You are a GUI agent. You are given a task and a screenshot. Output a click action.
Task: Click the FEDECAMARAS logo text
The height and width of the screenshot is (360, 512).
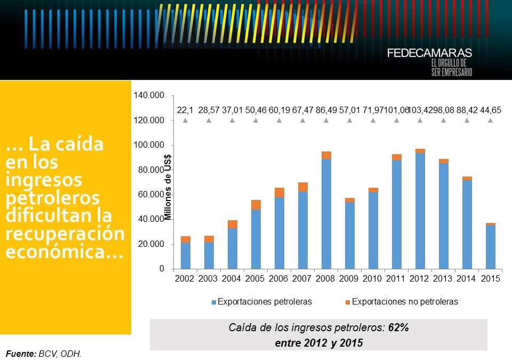click(x=429, y=53)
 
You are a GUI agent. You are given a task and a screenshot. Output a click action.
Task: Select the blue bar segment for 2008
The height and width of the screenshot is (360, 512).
click(x=326, y=213)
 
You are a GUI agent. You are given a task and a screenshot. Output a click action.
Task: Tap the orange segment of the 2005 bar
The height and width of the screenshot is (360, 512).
click(x=255, y=205)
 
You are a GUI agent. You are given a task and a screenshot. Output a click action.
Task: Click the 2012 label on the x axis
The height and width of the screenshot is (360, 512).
click(x=420, y=279)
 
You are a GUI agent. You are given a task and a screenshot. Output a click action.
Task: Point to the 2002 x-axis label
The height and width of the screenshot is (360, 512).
click(x=185, y=279)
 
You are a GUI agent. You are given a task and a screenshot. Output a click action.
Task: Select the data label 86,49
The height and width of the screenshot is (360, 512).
click(x=326, y=110)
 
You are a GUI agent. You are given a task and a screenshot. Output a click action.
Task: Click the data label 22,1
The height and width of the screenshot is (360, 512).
click(x=185, y=110)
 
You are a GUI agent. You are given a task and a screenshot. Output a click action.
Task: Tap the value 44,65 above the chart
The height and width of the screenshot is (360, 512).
click(x=490, y=110)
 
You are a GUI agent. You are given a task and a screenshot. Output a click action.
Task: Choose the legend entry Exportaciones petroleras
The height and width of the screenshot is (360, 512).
click(x=265, y=302)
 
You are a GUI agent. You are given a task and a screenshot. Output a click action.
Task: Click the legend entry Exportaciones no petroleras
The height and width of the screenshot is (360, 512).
click(x=405, y=302)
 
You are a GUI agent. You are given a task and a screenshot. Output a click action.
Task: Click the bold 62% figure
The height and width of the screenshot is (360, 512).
click(x=398, y=327)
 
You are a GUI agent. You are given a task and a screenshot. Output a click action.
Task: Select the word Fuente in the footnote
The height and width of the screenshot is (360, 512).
click(x=20, y=353)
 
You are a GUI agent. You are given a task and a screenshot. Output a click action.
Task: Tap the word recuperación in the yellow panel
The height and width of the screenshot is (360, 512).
click(x=65, y=234)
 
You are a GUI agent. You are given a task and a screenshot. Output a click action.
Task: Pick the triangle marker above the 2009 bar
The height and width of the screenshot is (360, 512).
click(x=349, y=121)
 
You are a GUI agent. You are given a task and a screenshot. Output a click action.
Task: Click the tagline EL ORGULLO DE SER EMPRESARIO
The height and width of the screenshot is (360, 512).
click(x=451, y=68)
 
